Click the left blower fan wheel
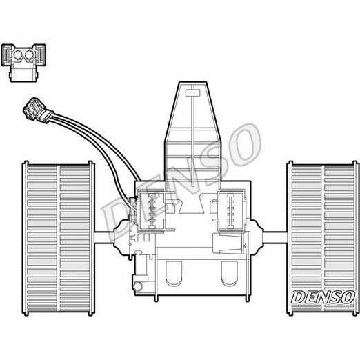(59, 238)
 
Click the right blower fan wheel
(323, 238)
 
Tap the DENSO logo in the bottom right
(323, 297)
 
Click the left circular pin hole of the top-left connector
(18, 54)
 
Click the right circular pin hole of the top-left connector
(29, 54)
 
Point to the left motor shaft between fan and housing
(104, 237)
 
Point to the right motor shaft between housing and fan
(275, 237)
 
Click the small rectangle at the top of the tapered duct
(193, 93)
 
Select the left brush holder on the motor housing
(151, 210)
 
